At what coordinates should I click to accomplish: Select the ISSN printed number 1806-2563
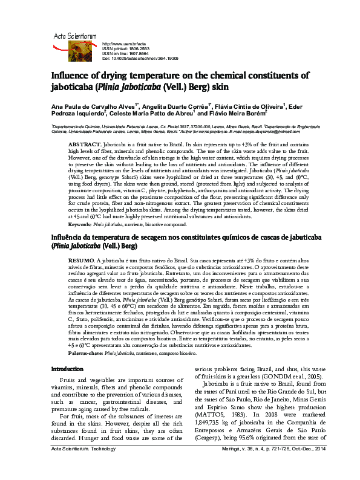137,49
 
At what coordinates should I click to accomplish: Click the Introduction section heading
67,369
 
